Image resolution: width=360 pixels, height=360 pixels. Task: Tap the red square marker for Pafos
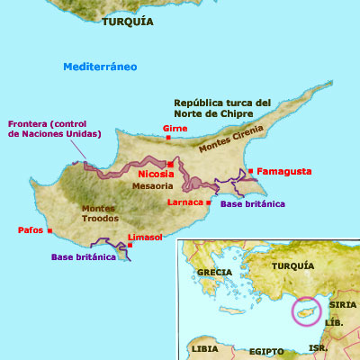(x=49, y=230)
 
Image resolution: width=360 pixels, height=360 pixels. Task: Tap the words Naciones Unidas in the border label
(x=53, y=134)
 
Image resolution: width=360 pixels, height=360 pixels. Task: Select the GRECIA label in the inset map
(x=215, y=271)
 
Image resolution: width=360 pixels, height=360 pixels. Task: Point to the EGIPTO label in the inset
(x=266, y=350)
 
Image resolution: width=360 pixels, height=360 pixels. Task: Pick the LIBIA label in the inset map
(x=204, y=347)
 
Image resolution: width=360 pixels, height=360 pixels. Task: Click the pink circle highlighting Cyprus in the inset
(x=306, y=310)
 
